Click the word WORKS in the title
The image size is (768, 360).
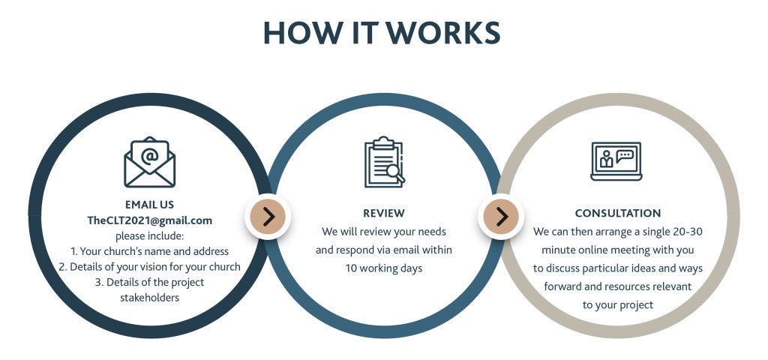point(445,33)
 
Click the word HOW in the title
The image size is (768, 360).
point(301,33)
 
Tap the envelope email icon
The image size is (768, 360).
point(150,162)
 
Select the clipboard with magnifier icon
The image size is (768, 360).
point(384,162)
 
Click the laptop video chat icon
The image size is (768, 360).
point(616,161)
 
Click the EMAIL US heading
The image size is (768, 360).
point(149,205)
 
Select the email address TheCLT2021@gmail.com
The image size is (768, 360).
point(150,220)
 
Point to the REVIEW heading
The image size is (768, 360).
point(384,213)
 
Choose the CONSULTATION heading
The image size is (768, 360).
point(618,213)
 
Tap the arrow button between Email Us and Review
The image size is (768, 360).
point(268,217)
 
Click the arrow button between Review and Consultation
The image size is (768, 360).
point(501,217)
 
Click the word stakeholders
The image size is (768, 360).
point(149,297)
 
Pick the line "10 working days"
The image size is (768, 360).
point(383,268)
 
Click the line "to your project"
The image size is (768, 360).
point(618,305)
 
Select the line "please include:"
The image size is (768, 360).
point(149,236)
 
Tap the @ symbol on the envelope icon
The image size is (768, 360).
point(149,155)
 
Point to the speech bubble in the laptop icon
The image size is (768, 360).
point(625,156)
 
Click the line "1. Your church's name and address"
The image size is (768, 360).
point(149,252)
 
